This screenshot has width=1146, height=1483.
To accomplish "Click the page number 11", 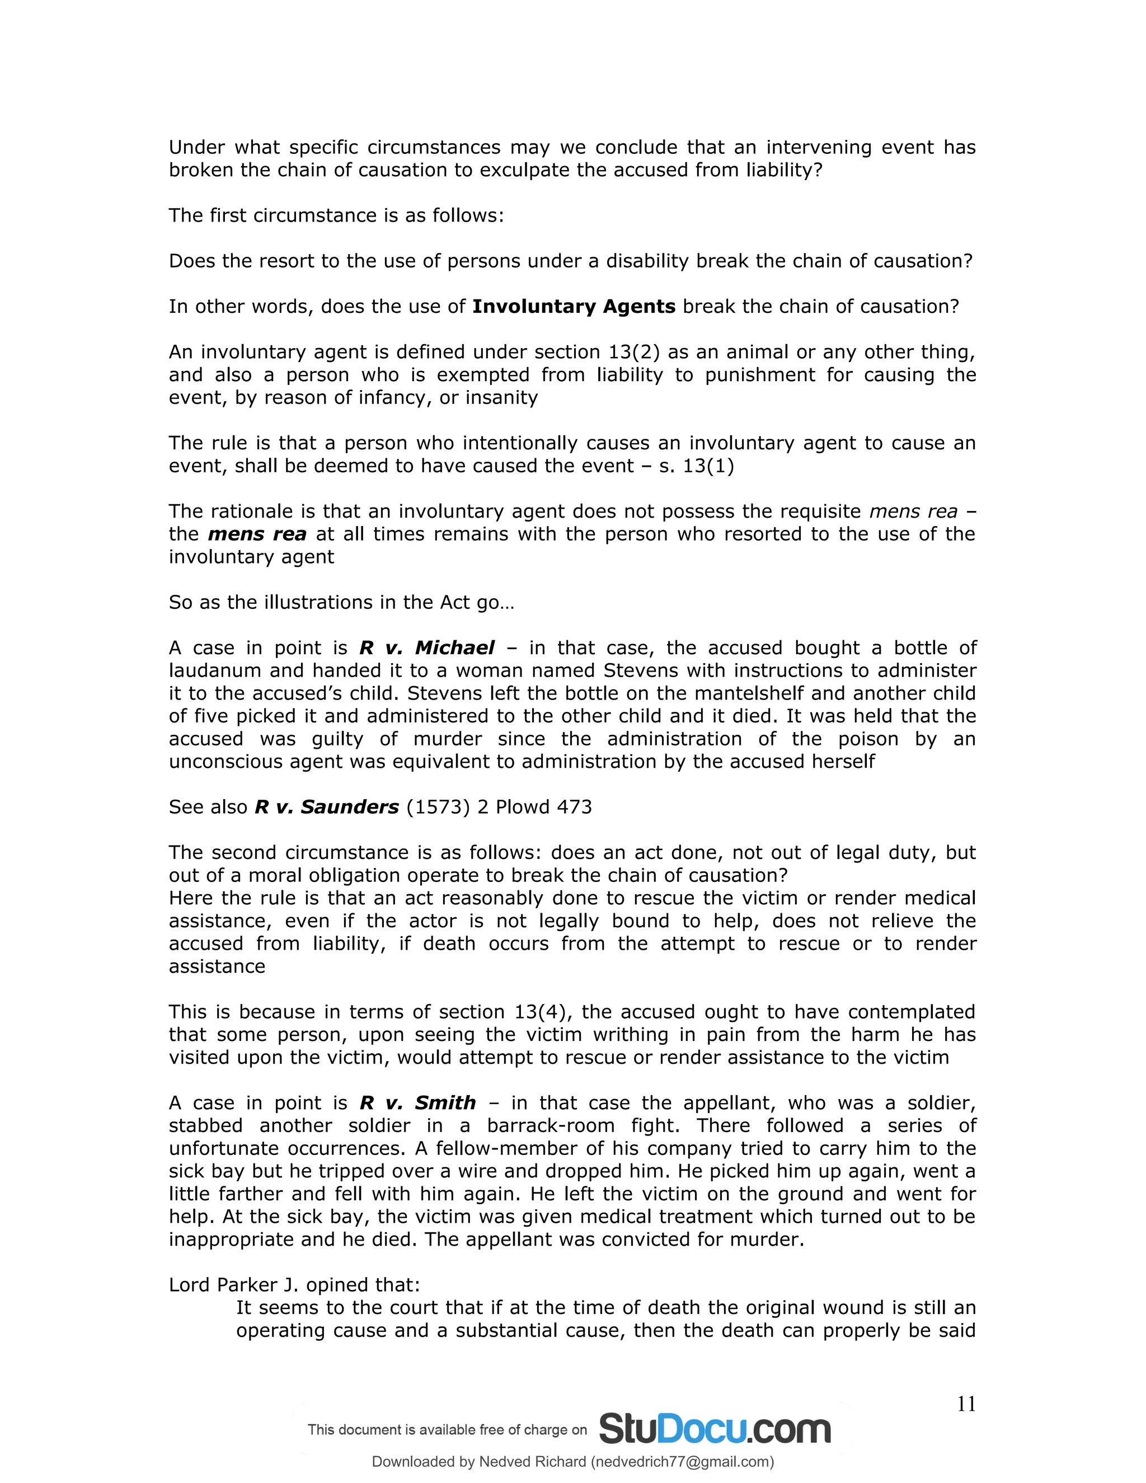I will tap(965, 1404).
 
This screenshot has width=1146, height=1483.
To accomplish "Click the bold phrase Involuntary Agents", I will tap(574, 306).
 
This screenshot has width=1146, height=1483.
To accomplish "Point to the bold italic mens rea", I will tap(257, 534).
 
